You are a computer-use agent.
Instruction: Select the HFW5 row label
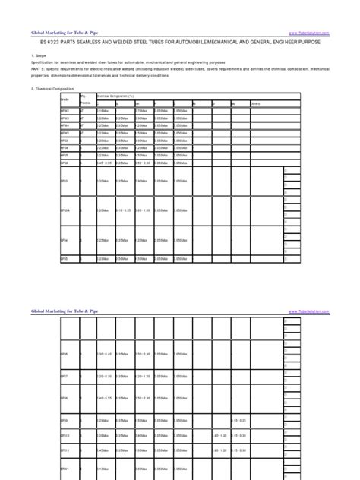[65, 133]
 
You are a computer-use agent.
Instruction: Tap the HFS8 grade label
[65, 163]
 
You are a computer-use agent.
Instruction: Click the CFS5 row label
[65, 259]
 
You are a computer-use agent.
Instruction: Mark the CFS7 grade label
[65, 377]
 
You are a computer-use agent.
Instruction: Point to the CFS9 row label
[65, 421]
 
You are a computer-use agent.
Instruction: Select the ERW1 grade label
[65, 468]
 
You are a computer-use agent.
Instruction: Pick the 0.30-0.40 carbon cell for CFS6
[106, 355]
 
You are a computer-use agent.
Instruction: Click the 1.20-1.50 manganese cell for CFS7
[144, 377]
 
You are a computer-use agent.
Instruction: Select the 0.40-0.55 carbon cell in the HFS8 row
[106, 163]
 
